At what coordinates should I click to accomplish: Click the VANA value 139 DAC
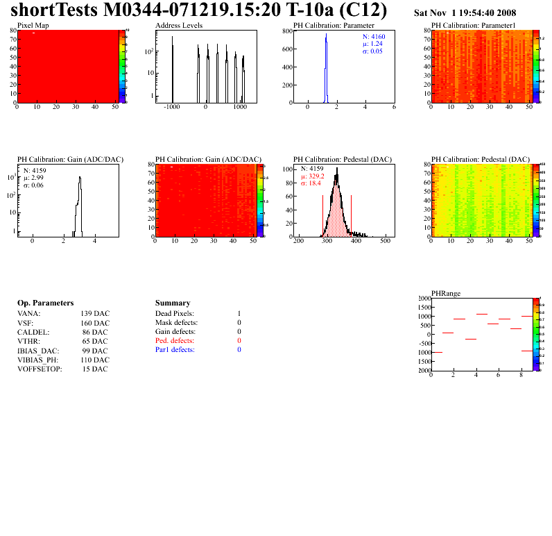point(95,314)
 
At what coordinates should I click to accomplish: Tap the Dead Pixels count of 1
point(239,314)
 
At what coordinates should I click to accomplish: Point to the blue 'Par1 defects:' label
point(175,350)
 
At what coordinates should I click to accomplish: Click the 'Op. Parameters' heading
point(45,303)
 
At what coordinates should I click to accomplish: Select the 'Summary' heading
point(173,303)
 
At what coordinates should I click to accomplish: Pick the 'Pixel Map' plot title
point(33,25)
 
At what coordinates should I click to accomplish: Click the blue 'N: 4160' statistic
point(374,36)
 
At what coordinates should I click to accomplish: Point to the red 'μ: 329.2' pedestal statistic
point(313,176)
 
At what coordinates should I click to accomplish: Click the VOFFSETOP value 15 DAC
point(95,369)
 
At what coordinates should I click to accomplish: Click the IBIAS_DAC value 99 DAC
point(95,351)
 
